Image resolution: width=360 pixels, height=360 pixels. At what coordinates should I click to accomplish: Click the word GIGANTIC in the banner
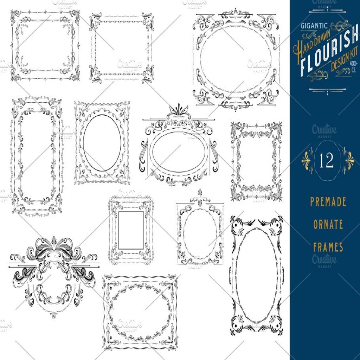click(x=314, y=25)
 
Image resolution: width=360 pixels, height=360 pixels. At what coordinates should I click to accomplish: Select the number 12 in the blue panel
click(x=327, y=161)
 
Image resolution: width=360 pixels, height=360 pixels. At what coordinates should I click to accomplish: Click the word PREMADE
click(x=328, y=202)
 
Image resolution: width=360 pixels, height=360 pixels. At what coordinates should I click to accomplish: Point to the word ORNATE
click(x=328, y=224)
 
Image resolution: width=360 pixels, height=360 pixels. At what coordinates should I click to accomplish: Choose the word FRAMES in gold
click(x=328, y=247)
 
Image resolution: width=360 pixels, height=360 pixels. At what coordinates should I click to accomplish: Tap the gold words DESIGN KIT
click(x=342, y=61)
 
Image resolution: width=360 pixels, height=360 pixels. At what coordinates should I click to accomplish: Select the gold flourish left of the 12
click(x=308, y=160)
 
